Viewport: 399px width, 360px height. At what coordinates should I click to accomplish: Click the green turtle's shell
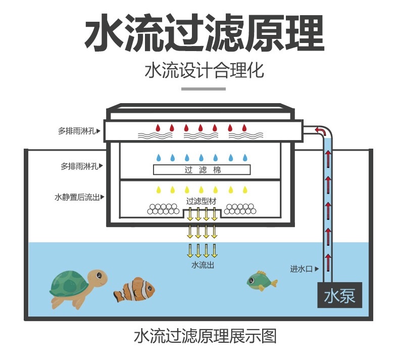tap(69, 283)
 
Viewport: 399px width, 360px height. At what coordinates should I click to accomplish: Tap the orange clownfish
tap(134, 290)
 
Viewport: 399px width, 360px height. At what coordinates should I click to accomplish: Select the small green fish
tap(262, 281)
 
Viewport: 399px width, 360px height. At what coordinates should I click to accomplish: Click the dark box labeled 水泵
tap(339, 295)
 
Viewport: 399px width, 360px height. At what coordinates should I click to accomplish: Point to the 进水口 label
tap(302, 269)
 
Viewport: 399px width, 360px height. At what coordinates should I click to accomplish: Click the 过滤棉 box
tap(202, 170)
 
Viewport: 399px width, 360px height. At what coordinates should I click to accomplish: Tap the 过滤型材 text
tap(202, 201)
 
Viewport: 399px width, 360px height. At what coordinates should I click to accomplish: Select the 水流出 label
tap(203, 265)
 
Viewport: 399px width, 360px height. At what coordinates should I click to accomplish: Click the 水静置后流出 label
tap(77, 197)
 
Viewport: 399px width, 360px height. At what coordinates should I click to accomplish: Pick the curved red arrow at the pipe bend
tap(321, 130)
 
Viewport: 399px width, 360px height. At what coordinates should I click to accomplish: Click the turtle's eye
tap(98, 275)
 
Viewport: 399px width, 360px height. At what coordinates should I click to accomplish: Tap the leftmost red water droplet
tap(158, 127)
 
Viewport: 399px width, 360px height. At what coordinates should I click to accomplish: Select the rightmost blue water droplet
tap(245, 158)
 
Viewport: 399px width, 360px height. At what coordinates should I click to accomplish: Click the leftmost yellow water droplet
tap(158, 190)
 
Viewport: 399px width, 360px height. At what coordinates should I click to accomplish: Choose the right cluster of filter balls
tap(240, 209)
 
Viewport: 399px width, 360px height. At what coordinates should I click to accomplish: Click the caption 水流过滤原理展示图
tap(205, 336)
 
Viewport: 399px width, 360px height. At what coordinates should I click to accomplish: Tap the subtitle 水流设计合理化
tap(205, 70)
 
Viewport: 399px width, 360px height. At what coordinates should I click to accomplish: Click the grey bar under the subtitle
tap(204, 89)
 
